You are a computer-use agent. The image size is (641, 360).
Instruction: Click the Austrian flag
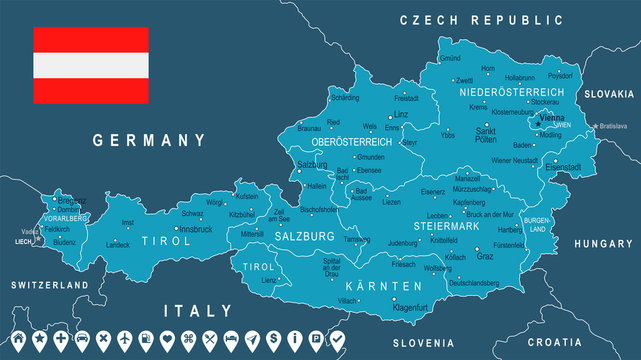(91, 65)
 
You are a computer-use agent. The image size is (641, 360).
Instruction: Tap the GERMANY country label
(148, 141)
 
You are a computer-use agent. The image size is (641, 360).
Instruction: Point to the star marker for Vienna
(537, 124)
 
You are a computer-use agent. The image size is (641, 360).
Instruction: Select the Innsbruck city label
(196, 228)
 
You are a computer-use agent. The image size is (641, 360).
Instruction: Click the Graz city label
(485, 256)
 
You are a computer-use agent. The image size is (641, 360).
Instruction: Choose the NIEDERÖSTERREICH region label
(511, 92)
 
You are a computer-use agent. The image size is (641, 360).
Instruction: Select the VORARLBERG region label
(65, 217)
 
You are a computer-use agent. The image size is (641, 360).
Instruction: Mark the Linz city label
(401, 114)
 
